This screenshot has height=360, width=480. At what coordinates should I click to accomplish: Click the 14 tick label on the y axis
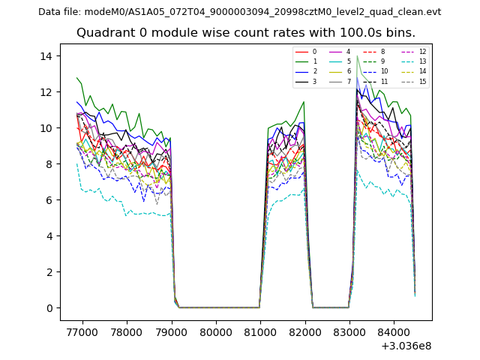coord(45,56)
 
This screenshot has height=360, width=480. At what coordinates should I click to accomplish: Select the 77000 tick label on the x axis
coord(82,331)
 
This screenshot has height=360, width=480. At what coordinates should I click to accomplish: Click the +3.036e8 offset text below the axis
coord(406,346)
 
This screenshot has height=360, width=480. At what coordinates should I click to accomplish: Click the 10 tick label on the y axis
coord(45,128)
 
